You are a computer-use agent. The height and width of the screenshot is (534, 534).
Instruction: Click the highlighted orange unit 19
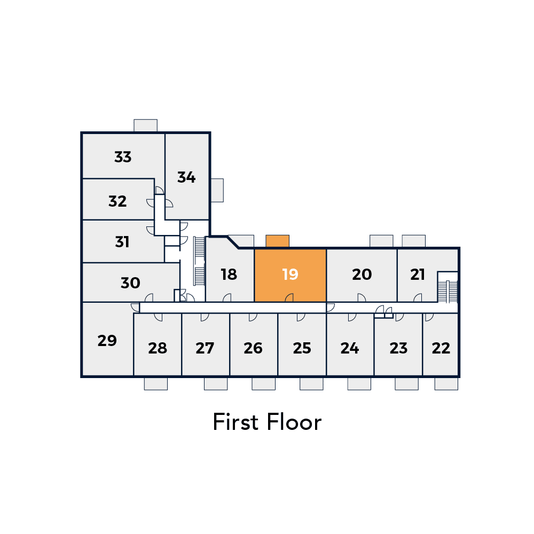(290, 275)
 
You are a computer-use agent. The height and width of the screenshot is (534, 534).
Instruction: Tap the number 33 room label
(123, 157)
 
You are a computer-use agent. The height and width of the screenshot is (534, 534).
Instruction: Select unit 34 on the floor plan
(187, 176)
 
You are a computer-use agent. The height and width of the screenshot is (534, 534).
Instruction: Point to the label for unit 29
(107, 341)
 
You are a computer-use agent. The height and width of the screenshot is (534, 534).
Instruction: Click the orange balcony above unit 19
(278, 241)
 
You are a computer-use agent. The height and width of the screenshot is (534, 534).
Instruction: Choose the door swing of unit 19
(289, 297)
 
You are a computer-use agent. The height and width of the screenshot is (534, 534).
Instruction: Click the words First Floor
(267, 422)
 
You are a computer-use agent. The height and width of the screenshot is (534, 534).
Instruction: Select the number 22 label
(441, 348)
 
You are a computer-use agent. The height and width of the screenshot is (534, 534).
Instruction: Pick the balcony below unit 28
(156, 384)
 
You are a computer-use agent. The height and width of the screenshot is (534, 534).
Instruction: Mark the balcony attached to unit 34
(217, 191)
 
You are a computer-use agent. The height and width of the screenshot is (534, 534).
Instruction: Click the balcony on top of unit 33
(145, 125)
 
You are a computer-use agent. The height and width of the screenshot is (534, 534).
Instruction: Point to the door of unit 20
(362, 297)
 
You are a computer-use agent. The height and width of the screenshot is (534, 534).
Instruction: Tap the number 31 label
(122, 242)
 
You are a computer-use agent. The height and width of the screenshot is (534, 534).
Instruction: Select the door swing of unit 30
(149, 297)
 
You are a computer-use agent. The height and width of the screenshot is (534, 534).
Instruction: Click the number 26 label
(253, 348)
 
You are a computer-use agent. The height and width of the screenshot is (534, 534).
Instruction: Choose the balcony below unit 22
(446, 384)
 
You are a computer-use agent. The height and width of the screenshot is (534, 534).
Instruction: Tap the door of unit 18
(227, 297)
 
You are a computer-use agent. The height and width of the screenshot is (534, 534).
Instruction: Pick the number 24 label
(350, 348)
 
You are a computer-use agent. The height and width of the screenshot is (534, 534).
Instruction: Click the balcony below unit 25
(312, 384)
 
